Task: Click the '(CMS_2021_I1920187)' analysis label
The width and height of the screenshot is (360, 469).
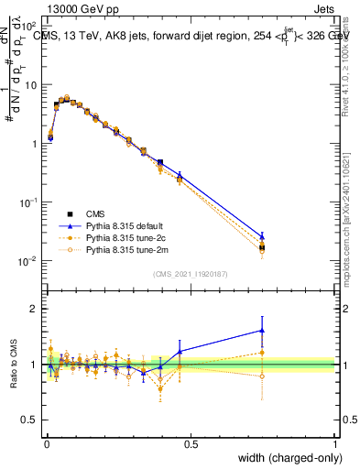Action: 191,273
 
